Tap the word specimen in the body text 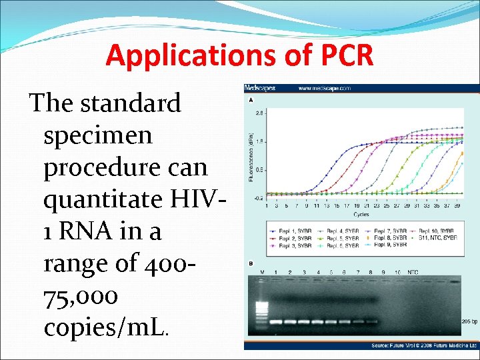tap(98, 135)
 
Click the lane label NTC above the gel tap(413, 272)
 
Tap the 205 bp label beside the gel tap(469, 321)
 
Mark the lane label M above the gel tap(262, 272)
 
